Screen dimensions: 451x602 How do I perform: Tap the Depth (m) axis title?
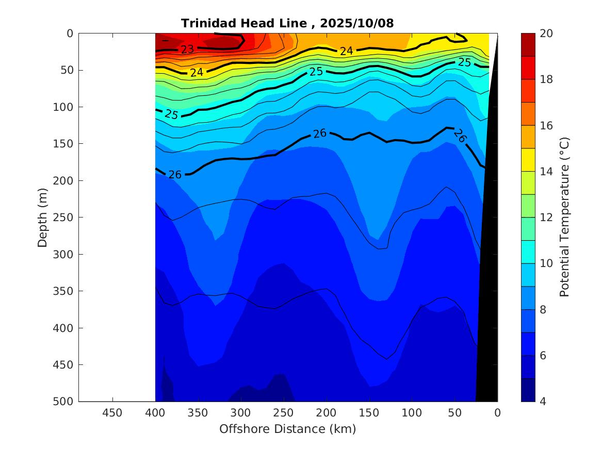43,217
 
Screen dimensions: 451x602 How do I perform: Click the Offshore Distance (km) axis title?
287,429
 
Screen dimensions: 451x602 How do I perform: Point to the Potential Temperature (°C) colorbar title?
564,217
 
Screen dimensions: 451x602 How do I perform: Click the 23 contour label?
187,49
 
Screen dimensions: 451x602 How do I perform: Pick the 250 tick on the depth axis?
64,218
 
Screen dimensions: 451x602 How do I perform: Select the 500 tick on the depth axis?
64,402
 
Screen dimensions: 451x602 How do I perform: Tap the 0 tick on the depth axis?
70,34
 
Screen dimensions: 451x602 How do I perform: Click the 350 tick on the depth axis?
64,291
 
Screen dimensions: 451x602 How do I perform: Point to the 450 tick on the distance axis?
112,413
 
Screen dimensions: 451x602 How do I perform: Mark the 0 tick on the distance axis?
497,413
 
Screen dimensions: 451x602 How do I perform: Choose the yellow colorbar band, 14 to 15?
528,160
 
